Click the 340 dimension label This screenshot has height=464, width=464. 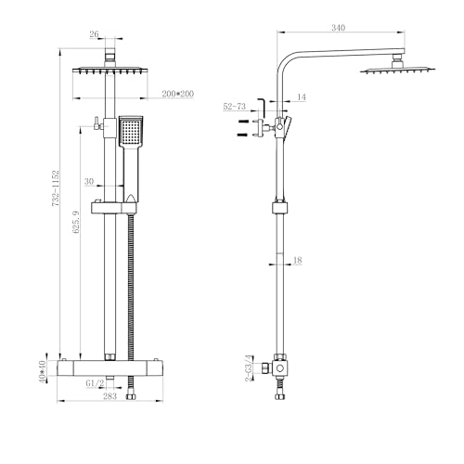338,28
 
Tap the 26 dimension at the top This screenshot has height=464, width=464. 94,34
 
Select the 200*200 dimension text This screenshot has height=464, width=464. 178,94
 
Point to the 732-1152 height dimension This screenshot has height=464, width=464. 55,188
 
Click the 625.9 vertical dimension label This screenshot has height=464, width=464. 76,222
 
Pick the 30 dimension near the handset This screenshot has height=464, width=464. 89,181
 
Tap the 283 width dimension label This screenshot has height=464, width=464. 110,396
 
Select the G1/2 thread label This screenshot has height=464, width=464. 95,383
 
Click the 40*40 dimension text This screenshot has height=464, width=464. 42,371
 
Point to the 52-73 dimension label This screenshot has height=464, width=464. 235,107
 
